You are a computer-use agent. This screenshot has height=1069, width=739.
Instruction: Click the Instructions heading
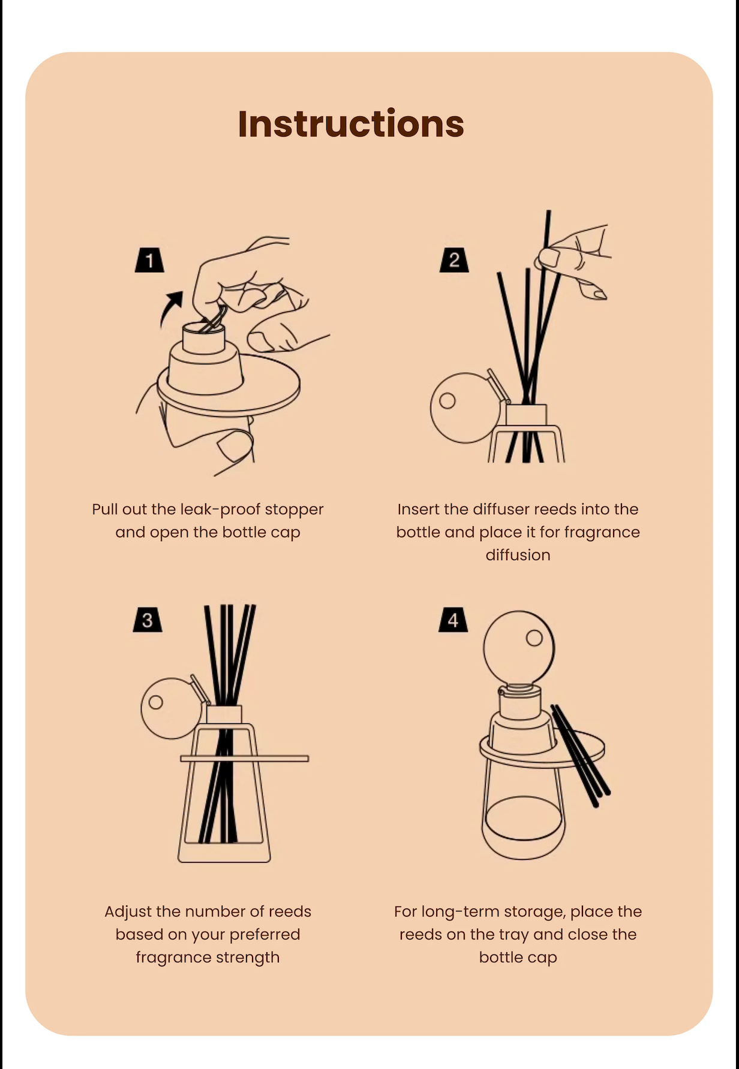tap(351, 124)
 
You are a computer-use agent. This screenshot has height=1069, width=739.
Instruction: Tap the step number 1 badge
tap(149, 259)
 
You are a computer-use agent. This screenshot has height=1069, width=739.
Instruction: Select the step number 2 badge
tap(454, 259)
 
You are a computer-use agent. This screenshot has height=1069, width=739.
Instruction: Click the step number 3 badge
tap(148, 620)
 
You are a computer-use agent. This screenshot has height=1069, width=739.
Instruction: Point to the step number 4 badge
tap(453, 620)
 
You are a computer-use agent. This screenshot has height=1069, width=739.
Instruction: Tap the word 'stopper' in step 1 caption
tap(294, 509)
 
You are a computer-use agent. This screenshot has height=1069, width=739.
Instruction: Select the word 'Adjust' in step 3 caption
tap(128, 912)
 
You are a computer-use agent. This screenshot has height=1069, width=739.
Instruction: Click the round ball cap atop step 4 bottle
tap(519, 647)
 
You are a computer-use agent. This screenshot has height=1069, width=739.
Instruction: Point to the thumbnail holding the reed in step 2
tap(548, 259)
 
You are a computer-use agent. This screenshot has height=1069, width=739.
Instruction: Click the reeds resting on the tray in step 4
tap(580, 755)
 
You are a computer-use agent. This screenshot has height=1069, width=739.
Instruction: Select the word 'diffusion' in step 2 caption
tap(518, 555)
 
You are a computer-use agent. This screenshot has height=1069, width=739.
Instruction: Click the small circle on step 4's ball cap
tap(534, 638)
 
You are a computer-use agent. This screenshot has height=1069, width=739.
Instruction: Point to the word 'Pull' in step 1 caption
tap(104, 509)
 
